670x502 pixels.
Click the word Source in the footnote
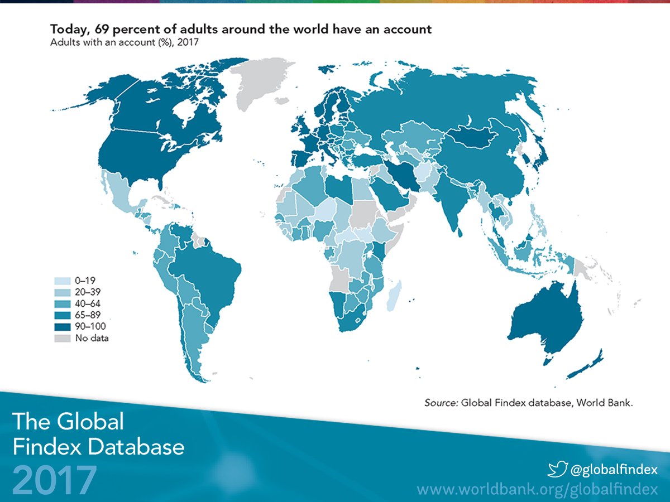(x=441, y=402)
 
